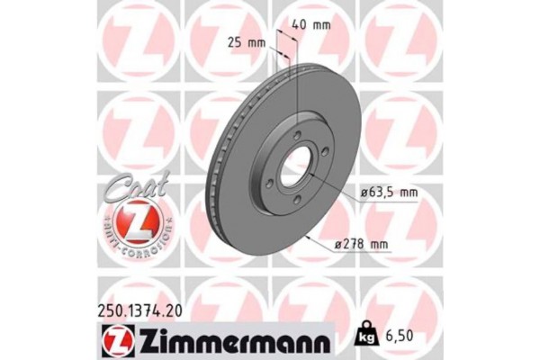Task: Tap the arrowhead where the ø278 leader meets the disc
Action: coord(310,237)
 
